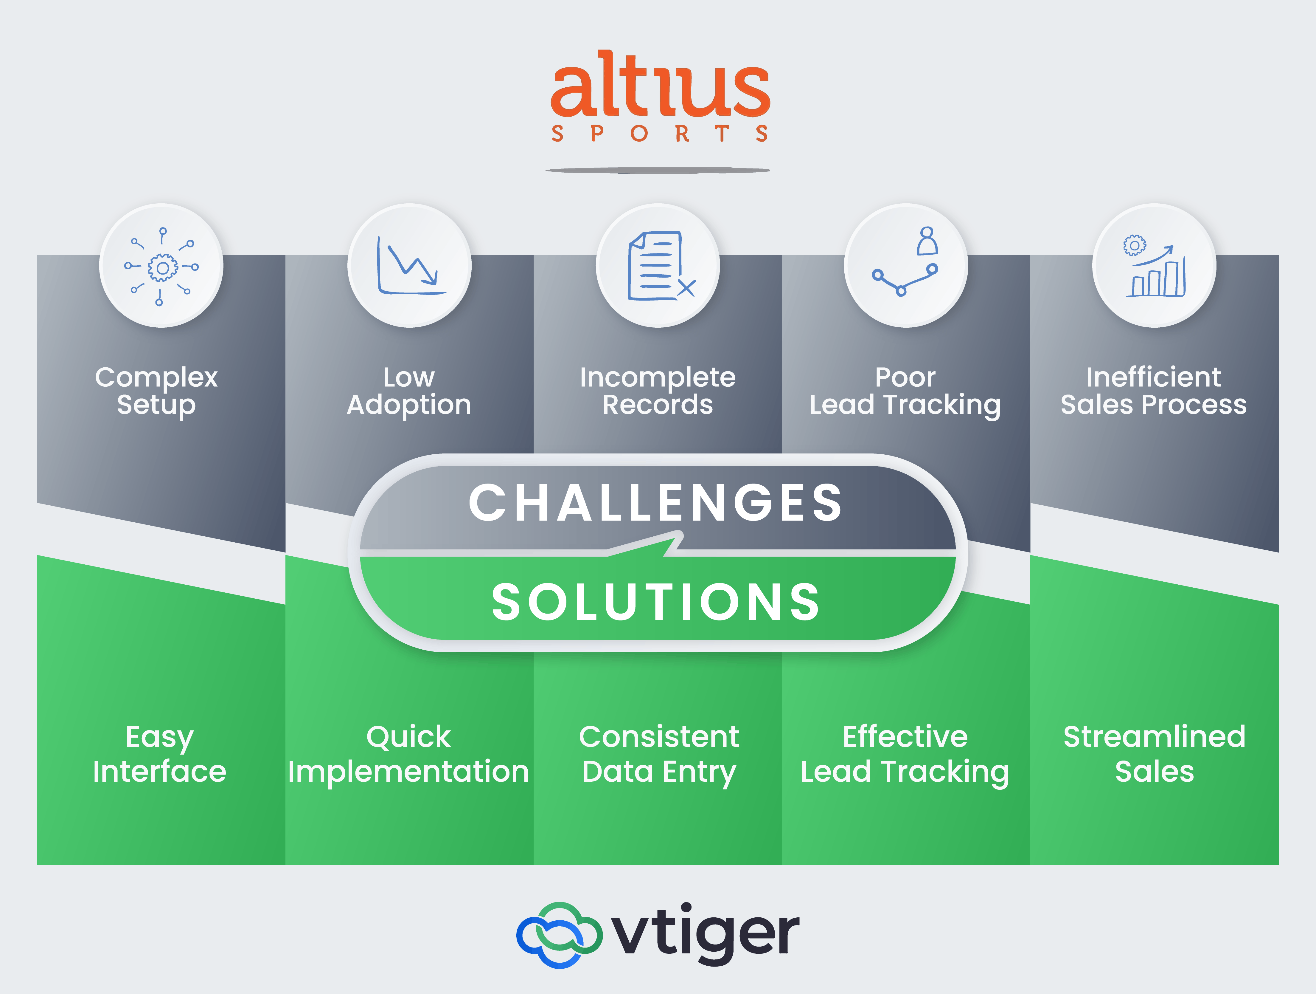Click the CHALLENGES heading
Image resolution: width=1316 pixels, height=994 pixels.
click(656, 503)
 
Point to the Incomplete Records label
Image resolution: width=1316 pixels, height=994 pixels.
click(658, 391)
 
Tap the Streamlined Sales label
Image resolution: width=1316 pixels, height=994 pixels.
click(1155, 754)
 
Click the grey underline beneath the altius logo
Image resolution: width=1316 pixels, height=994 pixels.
click(658, 171)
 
